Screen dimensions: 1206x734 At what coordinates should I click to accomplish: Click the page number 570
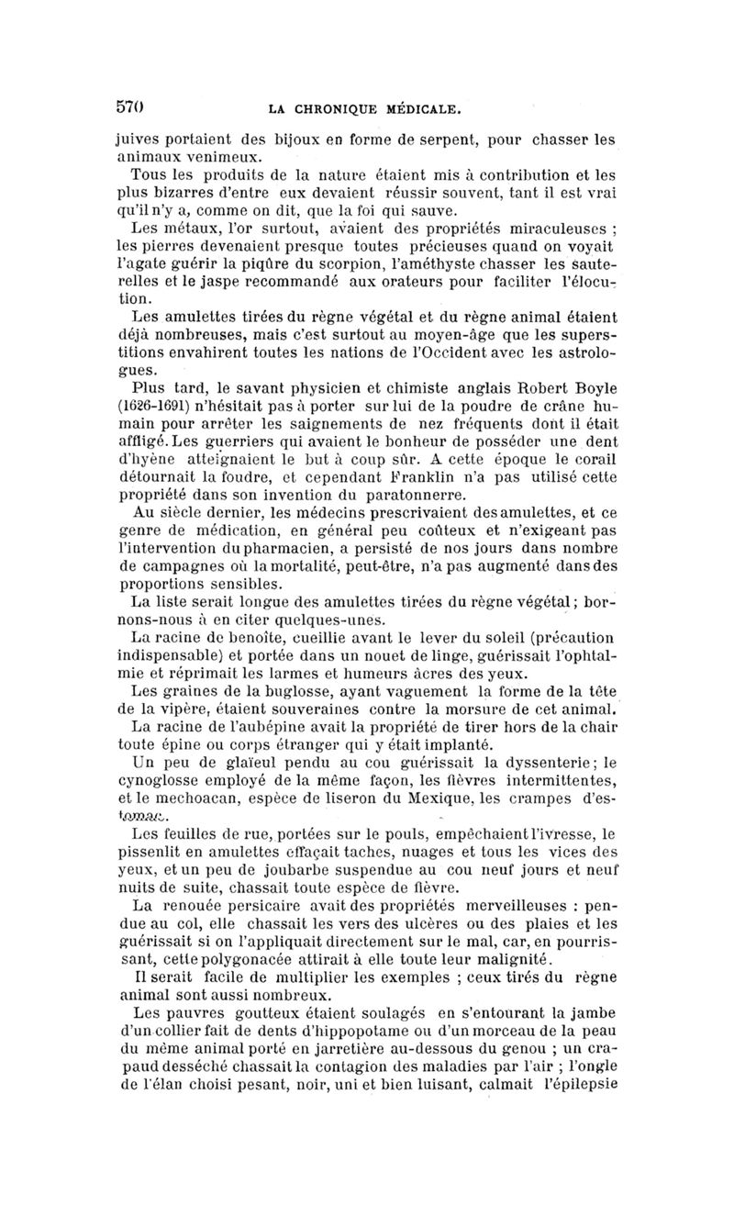pos(128,106)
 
